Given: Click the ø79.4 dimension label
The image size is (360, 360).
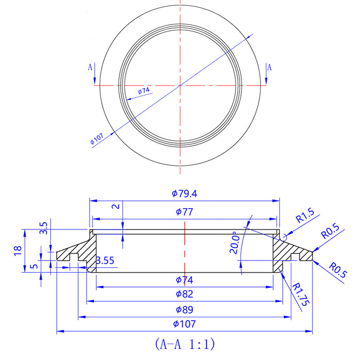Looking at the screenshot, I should pyautogui.click(x=185, y=194).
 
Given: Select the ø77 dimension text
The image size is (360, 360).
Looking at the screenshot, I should pyautogui.click(x=185, y=211).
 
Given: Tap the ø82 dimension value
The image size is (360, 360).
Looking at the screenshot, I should pyautogui.click(x=185, y=294).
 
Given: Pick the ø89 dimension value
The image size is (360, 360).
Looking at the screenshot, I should pyautogui.click(x=185, y=309).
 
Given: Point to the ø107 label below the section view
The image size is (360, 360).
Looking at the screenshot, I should pyautogui.click(x=185, y=324).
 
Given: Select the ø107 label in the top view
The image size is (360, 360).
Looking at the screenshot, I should pyautogui.click(x=97, y=139).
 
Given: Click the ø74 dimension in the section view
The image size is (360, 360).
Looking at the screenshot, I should pyautogui.click(x=185, y=279).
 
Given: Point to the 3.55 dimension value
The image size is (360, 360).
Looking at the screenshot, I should pyautogui.click(x=105, y=261).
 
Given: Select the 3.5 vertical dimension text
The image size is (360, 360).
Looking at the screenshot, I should pyautogui.click(x=44, y=228).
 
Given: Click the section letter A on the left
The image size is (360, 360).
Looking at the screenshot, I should pyautogui.click(x=90, y=67).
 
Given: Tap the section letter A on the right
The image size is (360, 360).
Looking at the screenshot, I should pyautogui.click(x=269, y=67).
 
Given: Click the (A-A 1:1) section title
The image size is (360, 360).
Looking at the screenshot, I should pyautogui.click(x=185, y=344).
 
